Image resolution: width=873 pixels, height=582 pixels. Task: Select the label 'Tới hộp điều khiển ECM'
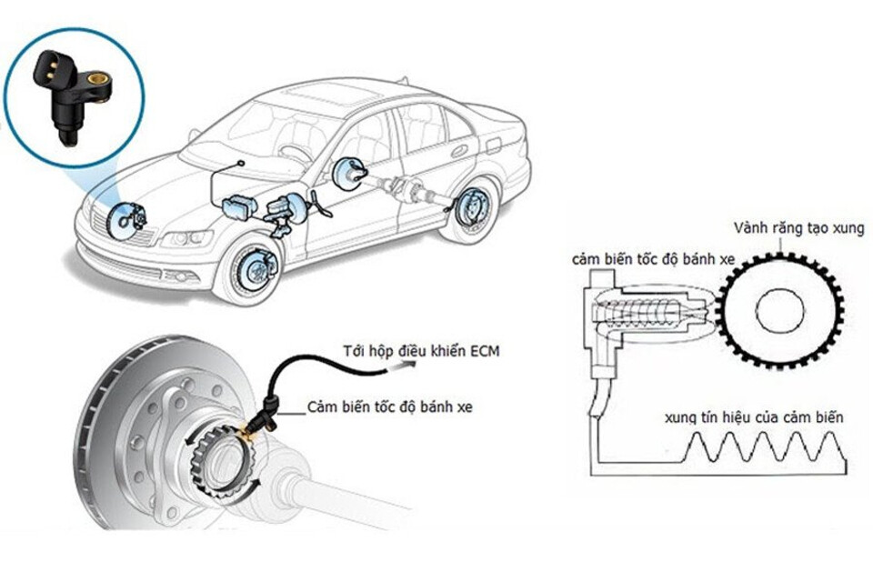tap(421, 350)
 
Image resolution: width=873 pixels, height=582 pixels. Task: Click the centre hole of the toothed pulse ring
tap(781, 312)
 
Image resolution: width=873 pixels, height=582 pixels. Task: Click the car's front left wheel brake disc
tap(253, 270)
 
